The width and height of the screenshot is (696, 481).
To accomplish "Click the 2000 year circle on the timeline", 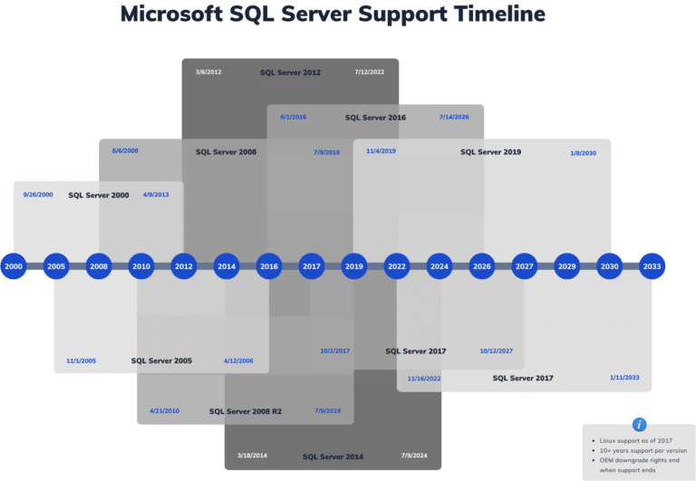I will point(13,266).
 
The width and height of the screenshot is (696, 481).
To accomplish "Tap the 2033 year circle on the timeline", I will point(652,266).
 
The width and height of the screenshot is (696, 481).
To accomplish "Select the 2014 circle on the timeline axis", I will point(227,266).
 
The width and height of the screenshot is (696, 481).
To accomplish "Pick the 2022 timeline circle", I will point(396,266).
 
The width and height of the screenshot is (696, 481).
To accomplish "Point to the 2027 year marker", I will point(524,266).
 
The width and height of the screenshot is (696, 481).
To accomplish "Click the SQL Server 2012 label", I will point(290,72).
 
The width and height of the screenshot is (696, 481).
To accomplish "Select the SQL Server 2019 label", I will point(490,152).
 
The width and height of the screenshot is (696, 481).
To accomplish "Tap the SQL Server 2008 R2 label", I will point(245,411).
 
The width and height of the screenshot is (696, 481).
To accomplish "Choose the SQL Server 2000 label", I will point(99,195).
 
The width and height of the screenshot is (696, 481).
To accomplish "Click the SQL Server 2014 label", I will point(333,457).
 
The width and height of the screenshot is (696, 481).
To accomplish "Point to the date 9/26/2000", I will point(38,195).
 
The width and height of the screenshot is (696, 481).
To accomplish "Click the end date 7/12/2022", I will point(370,72).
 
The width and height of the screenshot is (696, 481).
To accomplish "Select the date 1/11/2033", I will point(624,377).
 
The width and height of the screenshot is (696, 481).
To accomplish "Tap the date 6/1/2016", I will point(294,117).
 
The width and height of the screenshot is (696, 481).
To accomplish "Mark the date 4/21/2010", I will point(165,411).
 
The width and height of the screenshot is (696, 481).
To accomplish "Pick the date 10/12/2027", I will point(497,351).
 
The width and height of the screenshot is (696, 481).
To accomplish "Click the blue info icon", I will point(640,424).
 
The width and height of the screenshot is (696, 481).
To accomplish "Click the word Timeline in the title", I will point(483,15).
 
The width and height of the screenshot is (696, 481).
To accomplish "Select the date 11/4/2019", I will point(381,151).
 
